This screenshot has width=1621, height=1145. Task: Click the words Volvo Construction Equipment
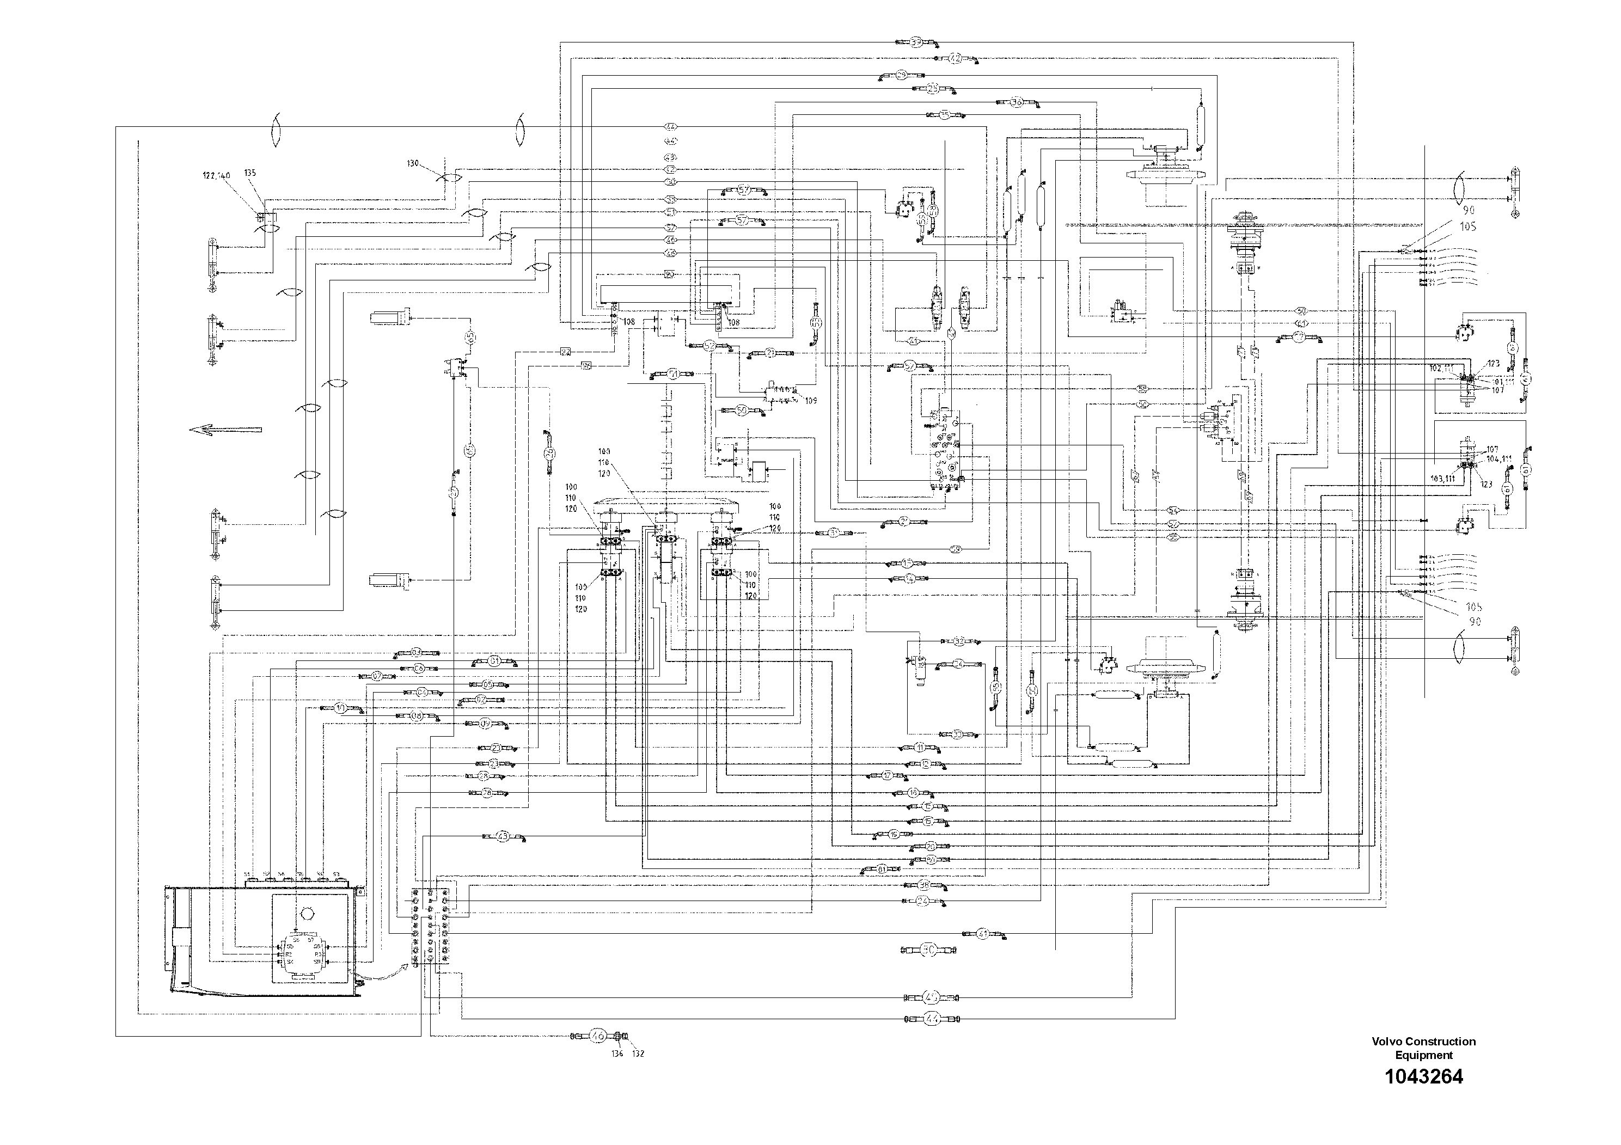coord(1423,1048)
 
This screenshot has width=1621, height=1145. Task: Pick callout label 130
coord(414,163)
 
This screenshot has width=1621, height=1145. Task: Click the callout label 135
coord(250,172)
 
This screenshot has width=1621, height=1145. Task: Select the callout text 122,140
coord(217,176)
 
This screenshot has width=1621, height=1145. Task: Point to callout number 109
coord(810,400)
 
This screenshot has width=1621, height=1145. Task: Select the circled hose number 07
coord(378,676)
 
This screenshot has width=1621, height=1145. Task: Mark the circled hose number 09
coord(486,724)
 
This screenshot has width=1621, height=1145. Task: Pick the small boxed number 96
coord(586,365)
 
